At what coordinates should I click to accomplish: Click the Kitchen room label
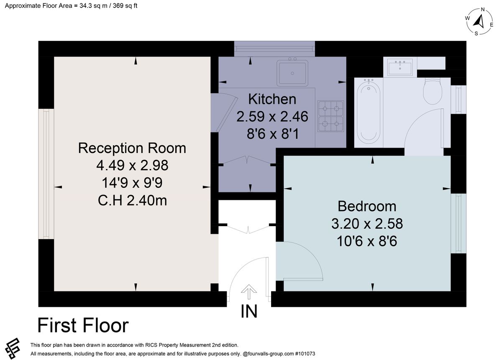[272, 99]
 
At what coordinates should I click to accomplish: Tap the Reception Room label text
[132, 148]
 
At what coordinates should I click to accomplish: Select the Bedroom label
[367, 206]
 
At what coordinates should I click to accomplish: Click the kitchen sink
[292, 72]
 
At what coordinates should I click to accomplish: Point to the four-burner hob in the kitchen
[330, 116]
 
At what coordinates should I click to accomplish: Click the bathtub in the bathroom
[369, 111]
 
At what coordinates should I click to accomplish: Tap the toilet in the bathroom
[433, 91]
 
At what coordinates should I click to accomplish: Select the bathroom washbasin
[400, 67]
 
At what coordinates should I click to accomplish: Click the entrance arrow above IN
[249, 292]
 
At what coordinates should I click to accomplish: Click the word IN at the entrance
[249, 311]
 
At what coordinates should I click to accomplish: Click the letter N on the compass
[483, 10]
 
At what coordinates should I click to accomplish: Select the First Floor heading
[83, 325]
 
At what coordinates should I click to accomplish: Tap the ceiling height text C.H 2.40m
[132, 200]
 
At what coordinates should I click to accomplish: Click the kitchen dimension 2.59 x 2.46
[272, 117]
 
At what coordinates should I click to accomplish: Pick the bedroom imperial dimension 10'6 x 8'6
[367, 241]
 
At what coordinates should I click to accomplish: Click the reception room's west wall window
[46, 174]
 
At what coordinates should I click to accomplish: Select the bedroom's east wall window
[458, 223]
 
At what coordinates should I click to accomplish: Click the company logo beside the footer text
[13, 348]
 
